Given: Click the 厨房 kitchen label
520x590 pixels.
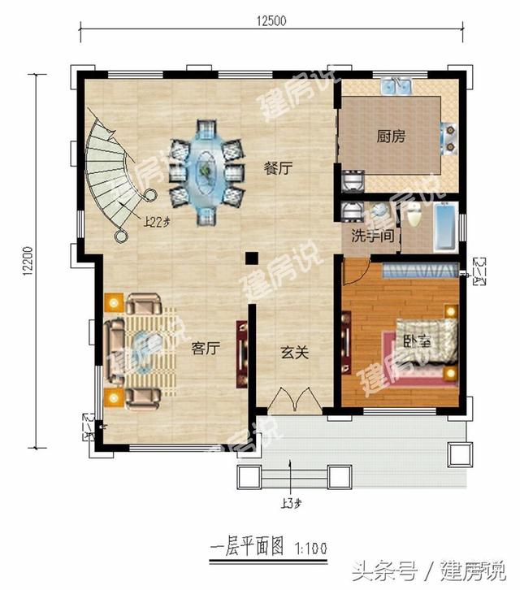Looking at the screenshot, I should click(391, 137).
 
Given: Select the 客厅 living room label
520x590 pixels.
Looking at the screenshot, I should click(206, 349).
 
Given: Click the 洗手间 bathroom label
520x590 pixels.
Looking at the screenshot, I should click(372, 236).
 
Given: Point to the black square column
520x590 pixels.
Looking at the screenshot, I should click(252, 258).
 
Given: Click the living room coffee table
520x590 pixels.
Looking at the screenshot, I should click(145, 352).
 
